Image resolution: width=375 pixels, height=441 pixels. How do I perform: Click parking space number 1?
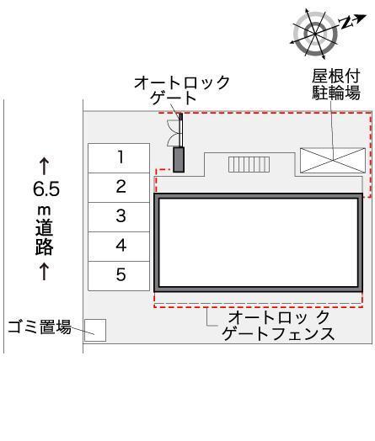(121, 156)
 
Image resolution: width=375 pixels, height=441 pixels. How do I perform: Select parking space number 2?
(121, 186)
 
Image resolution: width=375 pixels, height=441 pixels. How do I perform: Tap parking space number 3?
(121, 216)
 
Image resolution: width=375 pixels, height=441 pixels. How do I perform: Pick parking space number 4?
(121, 246)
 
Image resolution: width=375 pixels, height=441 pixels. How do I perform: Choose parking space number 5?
(121, 274)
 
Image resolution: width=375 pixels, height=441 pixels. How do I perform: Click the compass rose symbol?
(309, 32)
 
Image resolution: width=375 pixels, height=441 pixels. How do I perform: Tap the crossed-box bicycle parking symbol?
(332, 160)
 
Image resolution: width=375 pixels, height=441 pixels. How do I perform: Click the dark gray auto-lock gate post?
(179, 159)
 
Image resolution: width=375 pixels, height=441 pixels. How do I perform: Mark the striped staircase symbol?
(248, 163)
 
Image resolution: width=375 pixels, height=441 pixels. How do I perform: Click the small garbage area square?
(94, 330)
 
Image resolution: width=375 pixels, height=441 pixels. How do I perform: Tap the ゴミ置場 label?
(39, 327)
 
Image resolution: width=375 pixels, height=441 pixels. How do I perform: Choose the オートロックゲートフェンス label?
(279, 326)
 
